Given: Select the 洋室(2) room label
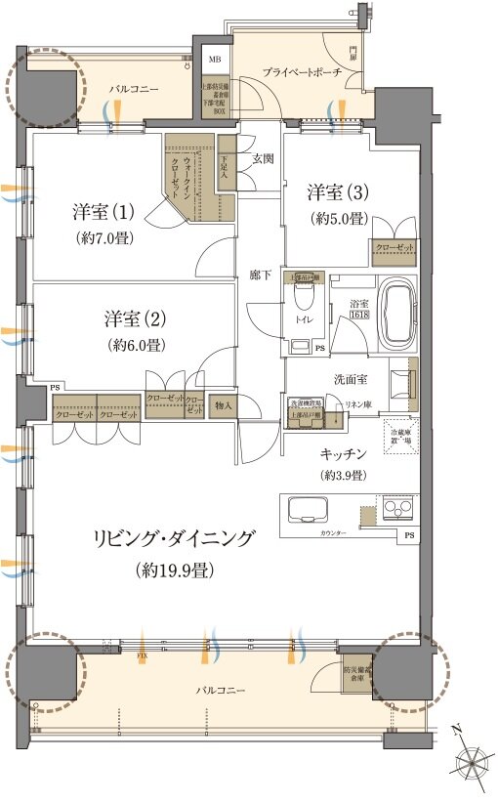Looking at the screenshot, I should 134,318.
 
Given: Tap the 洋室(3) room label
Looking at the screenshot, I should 338,192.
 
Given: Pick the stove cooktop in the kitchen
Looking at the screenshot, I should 398,508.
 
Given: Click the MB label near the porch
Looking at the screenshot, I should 215,59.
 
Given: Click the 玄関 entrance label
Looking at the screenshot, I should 262,159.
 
